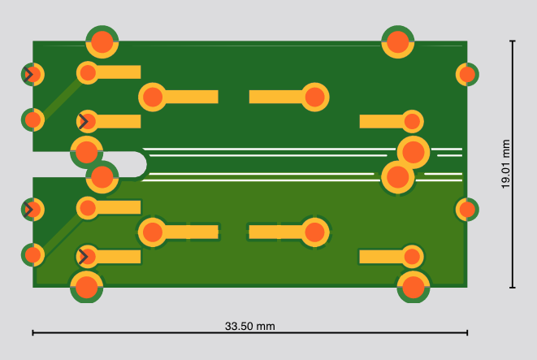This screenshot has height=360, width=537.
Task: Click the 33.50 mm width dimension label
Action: pos(249,326)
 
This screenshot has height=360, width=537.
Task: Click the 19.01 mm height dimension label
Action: pos(505,164)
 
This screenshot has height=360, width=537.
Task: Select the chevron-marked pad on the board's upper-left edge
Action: pos(32,74)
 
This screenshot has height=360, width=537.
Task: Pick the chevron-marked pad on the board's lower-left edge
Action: pos(32,210)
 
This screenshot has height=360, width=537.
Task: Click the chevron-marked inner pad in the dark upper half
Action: pos(88,121)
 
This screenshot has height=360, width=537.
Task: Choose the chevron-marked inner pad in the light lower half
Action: pos(88,257)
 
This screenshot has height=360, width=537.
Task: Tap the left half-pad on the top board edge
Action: pos(102,41)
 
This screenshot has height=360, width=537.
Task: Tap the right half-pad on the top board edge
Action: pos(397,41)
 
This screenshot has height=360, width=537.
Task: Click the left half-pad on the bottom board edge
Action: pos(86,287)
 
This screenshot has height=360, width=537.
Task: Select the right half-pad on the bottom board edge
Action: pos(414,287)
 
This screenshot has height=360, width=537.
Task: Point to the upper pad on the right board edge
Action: pos(467,74)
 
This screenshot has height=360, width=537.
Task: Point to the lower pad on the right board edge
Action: pos(467,210)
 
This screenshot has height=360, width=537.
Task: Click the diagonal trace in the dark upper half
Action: pos(62,98)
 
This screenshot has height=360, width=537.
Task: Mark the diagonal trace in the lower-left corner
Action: pos(62,234)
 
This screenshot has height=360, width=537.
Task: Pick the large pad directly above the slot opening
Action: pos(86,152)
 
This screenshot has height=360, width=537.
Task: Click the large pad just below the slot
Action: pos(102,177)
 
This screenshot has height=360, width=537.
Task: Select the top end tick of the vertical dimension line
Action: pos(513,41)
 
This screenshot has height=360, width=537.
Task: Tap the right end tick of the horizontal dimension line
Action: pos(467,332)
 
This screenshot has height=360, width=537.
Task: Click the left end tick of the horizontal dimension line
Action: pos(32,332)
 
